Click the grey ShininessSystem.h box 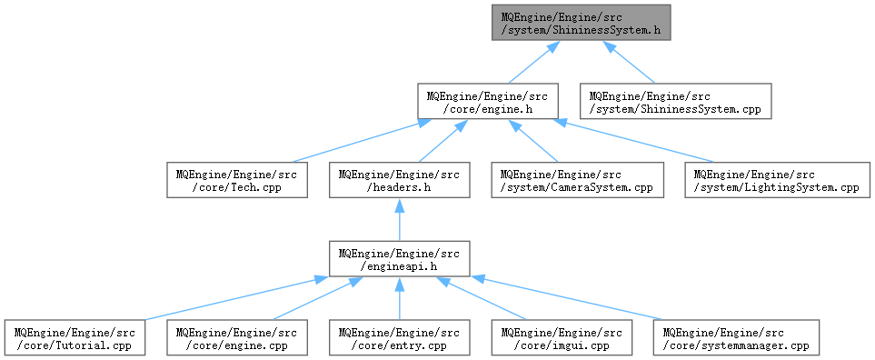581,23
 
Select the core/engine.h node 488,101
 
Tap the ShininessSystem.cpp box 676,101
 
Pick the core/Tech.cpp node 237,180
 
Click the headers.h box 399,180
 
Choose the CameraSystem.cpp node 578,180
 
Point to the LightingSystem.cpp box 778,180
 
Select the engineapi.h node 399,258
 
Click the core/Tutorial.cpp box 75,337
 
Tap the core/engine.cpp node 237,337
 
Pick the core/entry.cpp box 399,337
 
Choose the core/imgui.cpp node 562,337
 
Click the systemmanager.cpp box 736,337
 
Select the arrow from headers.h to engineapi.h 399,219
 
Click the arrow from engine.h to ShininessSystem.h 533,62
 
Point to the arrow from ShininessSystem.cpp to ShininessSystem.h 629,62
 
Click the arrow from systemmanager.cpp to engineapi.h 566,298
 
